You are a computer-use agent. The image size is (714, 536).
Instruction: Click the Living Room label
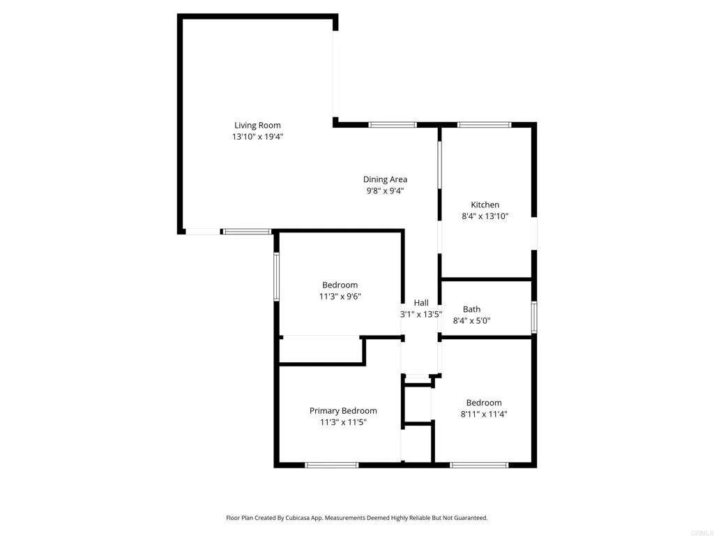coord(257,126)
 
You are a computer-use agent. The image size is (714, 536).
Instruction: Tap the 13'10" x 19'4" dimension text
coord(257,137)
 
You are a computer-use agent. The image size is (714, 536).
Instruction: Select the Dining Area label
coord(385,179)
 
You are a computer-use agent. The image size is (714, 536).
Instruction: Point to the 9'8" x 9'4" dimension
coord(385,191)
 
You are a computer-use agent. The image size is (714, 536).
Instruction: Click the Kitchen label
coord(485,204)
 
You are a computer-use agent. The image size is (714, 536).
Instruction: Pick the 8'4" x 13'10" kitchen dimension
coord(485,216)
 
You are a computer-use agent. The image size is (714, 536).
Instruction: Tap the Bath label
coord(471,309)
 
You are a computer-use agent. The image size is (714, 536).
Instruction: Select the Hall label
coord(421,302)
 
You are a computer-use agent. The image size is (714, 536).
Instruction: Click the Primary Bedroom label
coord(343,411)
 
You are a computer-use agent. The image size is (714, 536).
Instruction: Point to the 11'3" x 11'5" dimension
coord(343,422)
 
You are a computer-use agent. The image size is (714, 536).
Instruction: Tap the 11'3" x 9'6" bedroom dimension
coord(340,296)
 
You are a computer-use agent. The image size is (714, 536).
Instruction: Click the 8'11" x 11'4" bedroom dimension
coord(483,414)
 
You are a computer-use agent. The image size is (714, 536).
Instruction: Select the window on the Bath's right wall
coord(534,317)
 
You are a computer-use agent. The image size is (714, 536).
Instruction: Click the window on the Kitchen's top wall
coord(484,125)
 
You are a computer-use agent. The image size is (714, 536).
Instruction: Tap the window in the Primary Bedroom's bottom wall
coord(332,465)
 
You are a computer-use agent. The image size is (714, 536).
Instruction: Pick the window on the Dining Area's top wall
coord(393,125)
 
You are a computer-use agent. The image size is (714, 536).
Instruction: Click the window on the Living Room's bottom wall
coord(247,231)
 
